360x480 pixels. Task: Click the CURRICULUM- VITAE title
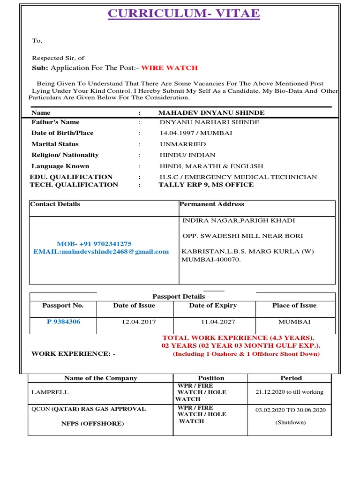point(184,13)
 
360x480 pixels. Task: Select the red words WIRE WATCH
point(169,68)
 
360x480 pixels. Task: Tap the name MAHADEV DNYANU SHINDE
point(211,113)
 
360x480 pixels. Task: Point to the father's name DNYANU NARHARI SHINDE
point(209,122)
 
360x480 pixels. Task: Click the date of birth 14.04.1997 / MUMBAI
point(196,133)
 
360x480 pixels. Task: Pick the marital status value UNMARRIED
point(182,144)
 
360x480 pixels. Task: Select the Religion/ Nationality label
point(65,155)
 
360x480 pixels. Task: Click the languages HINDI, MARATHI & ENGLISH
point(211,166)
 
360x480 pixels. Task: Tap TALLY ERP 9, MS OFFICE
point(206,185)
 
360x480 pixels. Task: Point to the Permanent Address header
point(212,204)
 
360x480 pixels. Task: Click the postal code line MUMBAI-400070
point(211,259)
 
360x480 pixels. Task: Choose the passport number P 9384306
point(63,322)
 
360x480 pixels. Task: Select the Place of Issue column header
point(294,306)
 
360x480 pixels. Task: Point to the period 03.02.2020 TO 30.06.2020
point(290,410)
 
